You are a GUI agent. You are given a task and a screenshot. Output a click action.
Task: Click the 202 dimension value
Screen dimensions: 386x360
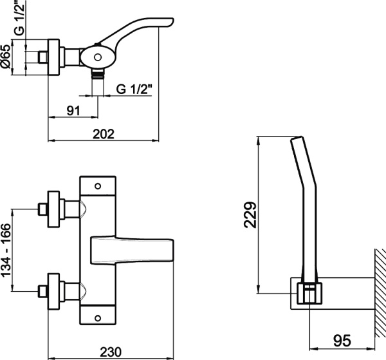coord(104,134)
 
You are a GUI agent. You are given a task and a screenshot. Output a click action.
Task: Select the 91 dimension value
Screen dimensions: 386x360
coord(73,111)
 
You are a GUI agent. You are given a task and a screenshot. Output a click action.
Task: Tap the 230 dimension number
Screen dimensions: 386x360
coord(111,352)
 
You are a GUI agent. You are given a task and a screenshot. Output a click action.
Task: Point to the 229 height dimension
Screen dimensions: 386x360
coord(250,214)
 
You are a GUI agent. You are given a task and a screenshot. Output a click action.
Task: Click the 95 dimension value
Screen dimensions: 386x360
coord(342,341)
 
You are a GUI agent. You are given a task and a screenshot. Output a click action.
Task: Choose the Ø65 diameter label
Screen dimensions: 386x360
coord(6,57)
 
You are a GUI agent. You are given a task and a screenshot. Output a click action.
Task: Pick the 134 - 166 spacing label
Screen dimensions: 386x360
coord(6,251)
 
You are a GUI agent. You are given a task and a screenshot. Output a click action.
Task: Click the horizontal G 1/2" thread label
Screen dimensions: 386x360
coord(134,89)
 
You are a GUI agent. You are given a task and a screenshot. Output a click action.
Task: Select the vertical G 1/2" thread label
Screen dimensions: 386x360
coord(20,17)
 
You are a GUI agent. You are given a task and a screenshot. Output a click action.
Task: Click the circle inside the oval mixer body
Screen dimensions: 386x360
coord(98,57)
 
